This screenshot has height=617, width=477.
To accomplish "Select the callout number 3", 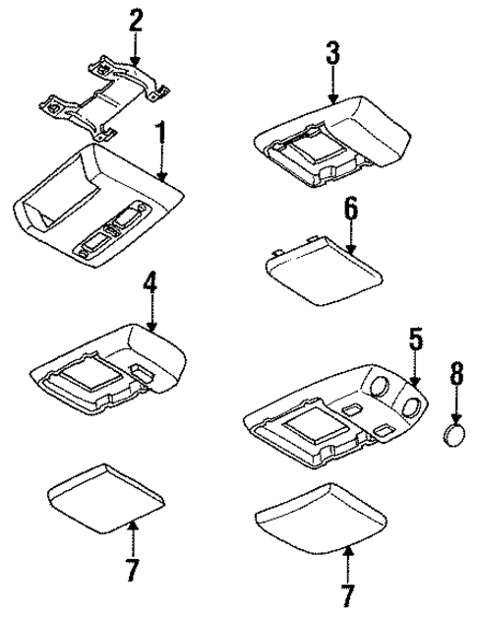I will [x=333, y=53].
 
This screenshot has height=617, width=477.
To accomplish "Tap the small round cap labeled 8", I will [x=455, y=433].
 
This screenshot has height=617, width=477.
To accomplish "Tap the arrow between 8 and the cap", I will [x=455, y=404].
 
